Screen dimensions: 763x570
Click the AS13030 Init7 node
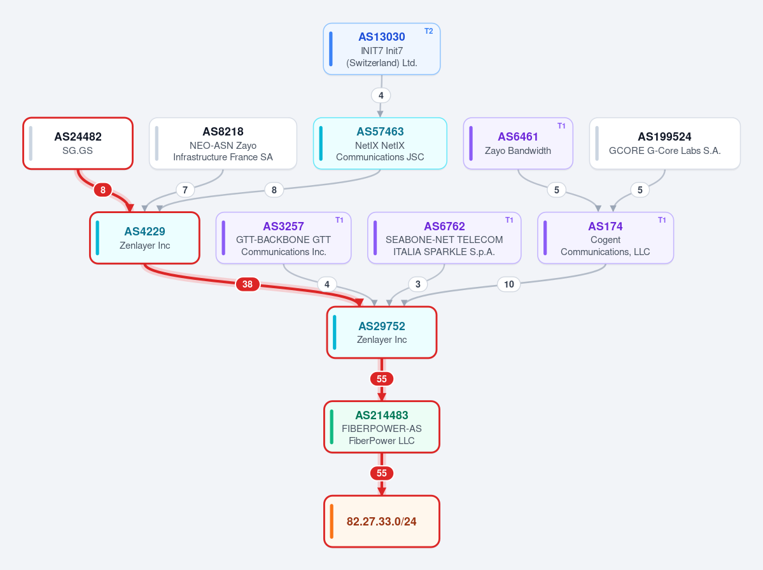click(x=382, y=49)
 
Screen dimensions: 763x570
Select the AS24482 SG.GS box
click(x=78, y=144)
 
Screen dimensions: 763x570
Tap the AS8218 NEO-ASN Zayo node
click(x=223, y=144)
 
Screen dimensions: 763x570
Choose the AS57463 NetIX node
click(x=380, y=144)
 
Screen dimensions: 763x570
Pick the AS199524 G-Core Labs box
click(x=665, y=144)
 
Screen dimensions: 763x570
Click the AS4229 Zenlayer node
click(x=144, y=238)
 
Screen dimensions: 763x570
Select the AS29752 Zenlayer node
click(x=382, y=333)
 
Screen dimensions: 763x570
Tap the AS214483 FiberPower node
click(x=382, y=427)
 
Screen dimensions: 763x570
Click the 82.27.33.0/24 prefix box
click(x=382, y=522)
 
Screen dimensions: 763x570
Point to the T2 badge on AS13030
click(x=429, y=31)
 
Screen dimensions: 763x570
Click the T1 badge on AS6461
click(x=561, y=125)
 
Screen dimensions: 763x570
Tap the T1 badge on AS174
click(x=662, y=220)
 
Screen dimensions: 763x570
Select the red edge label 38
click(x=248, y=284)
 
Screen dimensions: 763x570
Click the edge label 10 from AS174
click(x=509, y=284)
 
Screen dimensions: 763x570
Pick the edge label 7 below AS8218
click(x=185, y=190)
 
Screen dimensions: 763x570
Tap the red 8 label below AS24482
click(x=102, y=190)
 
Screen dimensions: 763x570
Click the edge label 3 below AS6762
click(x=418, y=284)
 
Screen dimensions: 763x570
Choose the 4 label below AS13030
click(x=381, y=95)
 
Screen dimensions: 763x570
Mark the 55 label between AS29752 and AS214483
click(x=382, y=379)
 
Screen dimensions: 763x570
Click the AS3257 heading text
click(x=284, y=226)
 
